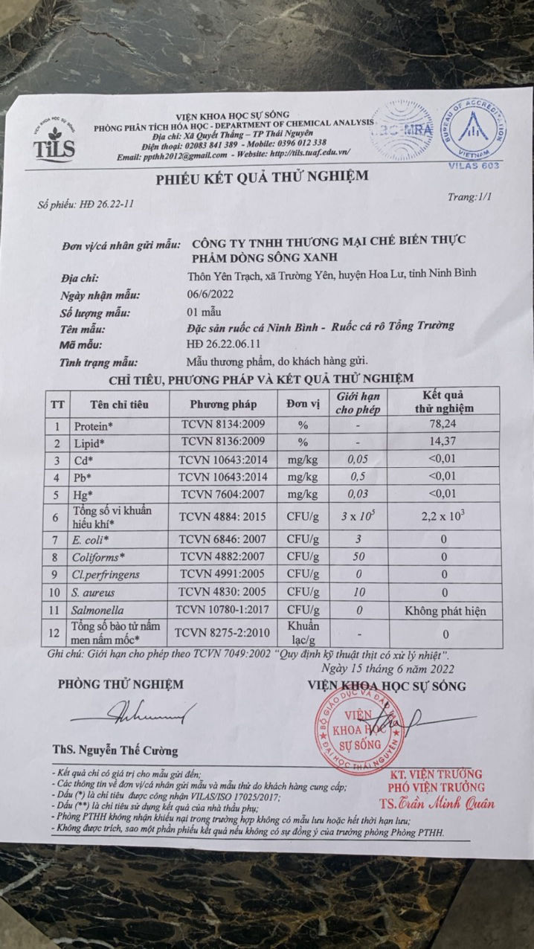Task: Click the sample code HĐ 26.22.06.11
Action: (229, 344)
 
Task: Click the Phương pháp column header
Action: (223, 405)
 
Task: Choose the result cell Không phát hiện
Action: (445, 611)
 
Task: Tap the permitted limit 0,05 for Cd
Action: (358, 459)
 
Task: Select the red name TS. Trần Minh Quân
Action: (437, 803)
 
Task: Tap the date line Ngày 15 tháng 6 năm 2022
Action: (386, 667)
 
